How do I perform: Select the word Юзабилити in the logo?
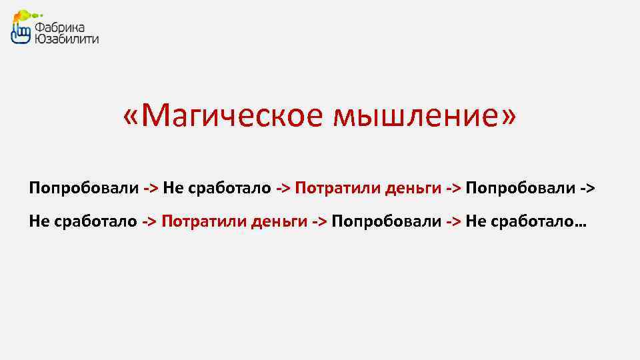[67, 39]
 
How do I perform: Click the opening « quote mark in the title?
[132, 117]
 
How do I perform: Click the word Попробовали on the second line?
[385, 221]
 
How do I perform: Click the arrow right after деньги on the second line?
[319, 221]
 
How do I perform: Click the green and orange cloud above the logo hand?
[25, 14]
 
